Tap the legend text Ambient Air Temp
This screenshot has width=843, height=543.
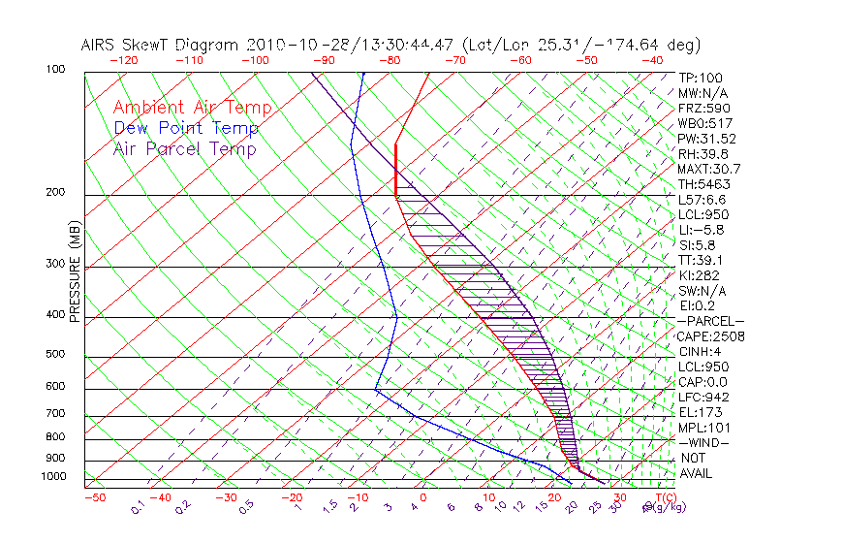click(x=192, y=108)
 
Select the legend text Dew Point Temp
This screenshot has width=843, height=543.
click(x=186, y=128)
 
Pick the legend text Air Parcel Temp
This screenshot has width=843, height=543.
click(x=184, y=148)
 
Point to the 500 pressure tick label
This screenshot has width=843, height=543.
click(x=55, y=355)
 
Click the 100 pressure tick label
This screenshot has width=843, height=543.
click(x=55, y=70)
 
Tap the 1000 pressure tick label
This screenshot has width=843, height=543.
click(x=52, y=477)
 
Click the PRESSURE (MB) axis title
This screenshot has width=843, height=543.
click(x=76, y=272)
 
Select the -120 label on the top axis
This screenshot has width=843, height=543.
click(x=124, y=60)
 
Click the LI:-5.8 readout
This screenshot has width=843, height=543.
click(x=701, y=230)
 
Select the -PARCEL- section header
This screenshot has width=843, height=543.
click(x=710, y=321)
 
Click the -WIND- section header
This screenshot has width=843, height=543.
click(x=705, y=442)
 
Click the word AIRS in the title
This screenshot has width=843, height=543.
click(x=101, y=46)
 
